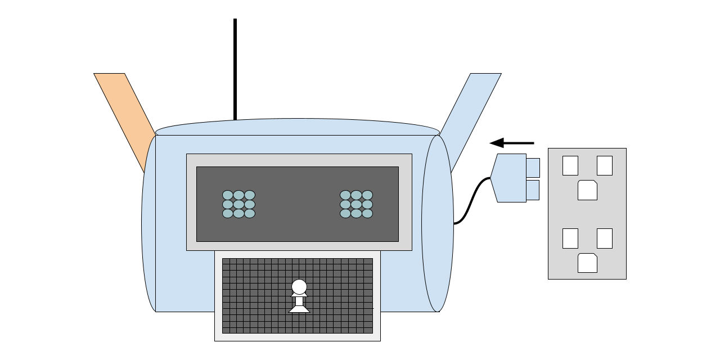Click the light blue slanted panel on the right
tap(470, 104)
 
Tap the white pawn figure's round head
tap(299, 287)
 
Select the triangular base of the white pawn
tap(299, 309)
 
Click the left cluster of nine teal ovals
tap(238, 204)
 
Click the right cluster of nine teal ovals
tap(356, 204)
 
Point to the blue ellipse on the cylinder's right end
tap(437, 223)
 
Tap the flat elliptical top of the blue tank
tap(297, 127)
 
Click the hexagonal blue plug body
tap(509, 178)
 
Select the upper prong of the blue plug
tap(533, 168)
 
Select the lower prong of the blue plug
tap(533, 190)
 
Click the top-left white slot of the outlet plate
tap(570, 165)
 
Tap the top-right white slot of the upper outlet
tap(605, 165)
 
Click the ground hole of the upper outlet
tap(587, 190)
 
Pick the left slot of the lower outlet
tap(570, 238)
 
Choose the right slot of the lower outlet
tap(605, 238)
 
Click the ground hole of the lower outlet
tap(587, 263)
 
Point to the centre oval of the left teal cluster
tap(238, 204)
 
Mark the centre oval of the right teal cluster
tap(356, 204)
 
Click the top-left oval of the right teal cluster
tap(345, 195)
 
